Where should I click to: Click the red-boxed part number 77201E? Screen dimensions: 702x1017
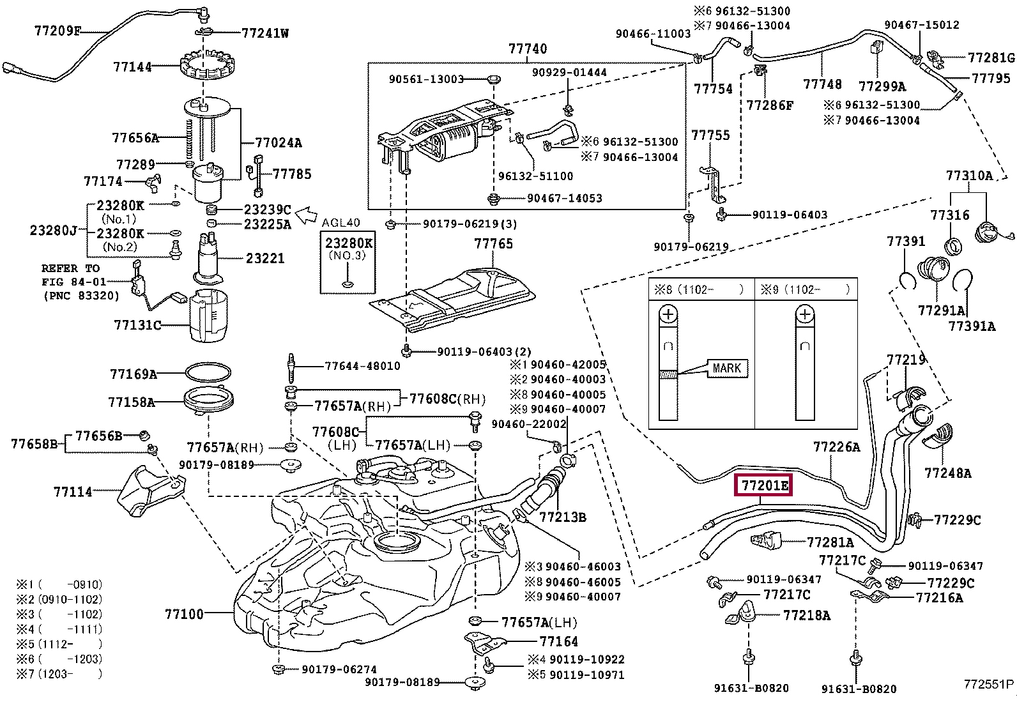[764, 486]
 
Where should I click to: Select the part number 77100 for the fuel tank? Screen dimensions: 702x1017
[184, 614]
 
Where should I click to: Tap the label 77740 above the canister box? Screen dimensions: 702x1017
[528, 49]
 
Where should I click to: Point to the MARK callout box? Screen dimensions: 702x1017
[726, 369]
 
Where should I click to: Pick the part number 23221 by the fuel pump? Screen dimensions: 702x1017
[265, 258]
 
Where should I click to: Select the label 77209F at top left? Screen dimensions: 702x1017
[58, 30]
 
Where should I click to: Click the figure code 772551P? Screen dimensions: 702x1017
[988, 684]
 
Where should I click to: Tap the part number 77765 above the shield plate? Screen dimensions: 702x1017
[493, 243]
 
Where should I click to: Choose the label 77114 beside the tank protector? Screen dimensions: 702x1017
[73, 491]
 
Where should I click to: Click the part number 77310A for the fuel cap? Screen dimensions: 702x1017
[969, 176]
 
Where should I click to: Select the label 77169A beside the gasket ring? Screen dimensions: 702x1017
[134, 374]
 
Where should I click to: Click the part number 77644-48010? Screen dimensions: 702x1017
[362, 366]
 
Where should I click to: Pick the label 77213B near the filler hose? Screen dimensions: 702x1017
[562, 517]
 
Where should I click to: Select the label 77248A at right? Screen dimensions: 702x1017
[947, 473]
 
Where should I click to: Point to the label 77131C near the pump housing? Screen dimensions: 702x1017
[137, 324]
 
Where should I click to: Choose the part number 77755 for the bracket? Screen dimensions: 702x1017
[710, 135]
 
